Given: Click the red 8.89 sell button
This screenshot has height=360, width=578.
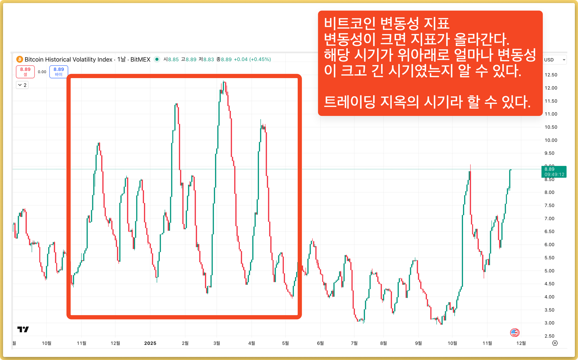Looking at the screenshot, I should [25, 71].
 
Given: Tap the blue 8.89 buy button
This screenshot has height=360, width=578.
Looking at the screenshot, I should [59, 71].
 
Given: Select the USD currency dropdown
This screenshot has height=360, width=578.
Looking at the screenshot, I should [554, 60].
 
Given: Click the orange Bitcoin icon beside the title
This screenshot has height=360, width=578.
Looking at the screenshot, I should [20, 59].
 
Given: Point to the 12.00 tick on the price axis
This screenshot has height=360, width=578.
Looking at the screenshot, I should [551, 88].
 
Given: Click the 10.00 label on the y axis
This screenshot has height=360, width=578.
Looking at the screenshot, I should [551, 140].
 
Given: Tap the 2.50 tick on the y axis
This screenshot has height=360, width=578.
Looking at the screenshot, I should [549, 336].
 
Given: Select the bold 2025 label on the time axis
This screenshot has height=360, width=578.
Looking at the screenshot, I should [150, 343].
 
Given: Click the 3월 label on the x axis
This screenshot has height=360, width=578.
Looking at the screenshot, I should [217, 343].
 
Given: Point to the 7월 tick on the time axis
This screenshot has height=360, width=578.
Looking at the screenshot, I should [354, 343].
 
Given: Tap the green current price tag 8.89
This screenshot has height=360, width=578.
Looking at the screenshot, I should [554, 172].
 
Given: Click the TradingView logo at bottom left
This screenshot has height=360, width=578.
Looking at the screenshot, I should [23, 329].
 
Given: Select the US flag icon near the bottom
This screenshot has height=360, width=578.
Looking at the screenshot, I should [514, 333].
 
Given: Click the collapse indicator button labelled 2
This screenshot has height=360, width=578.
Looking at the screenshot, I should [22, 85].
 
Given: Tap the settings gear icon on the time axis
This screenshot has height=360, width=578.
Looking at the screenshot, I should [555, 343].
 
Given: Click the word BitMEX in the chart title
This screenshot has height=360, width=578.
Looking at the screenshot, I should [140, 59].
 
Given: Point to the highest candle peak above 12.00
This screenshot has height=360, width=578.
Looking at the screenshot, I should [224, 82].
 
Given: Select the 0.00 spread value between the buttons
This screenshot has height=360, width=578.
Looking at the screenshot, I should [42, 72].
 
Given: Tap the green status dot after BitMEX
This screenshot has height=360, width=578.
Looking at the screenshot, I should [157, 59].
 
